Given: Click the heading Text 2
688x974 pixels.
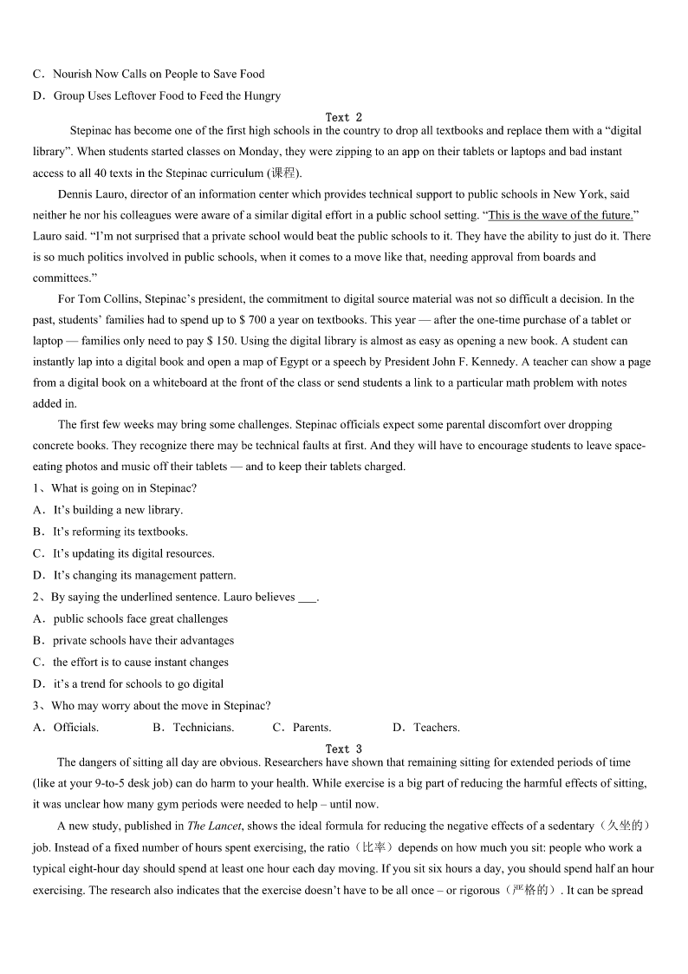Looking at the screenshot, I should pyautogui.click(x=344, y=117).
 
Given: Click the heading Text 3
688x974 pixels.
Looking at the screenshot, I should pyautogui.click(x=344, y=748).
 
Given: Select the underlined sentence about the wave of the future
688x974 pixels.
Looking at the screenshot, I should pyautogui.click(x=561, y=215).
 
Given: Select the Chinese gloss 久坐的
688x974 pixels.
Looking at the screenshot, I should pyautogui.click(x=628, y=827).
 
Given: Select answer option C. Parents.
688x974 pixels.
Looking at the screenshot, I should pyautogui.click(x=302, y=728).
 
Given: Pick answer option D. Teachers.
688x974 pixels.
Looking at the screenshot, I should pyautogui.click(x=426, y=728).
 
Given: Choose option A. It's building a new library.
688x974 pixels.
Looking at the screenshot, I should pyautogui.click(x=108, y=510).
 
